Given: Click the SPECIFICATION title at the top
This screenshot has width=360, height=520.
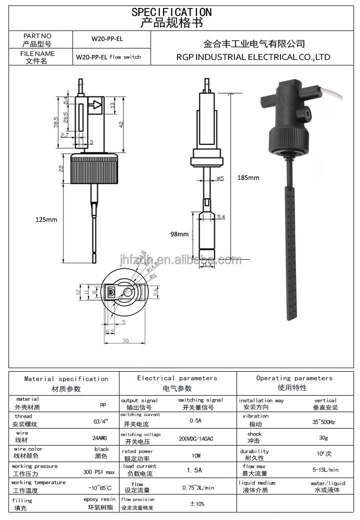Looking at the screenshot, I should pos(171,11).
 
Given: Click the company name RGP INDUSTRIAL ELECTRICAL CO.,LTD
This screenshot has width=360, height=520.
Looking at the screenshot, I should pos(253,57).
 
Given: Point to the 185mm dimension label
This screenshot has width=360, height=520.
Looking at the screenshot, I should pos(248,177).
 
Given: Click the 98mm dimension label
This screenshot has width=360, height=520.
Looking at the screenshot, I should pos(179,234).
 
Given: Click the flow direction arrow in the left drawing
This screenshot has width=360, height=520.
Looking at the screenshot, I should pos(94,105).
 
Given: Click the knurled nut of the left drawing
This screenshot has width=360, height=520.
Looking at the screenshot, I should pos(94,169).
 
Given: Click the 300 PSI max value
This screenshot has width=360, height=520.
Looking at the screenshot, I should pos(98,472).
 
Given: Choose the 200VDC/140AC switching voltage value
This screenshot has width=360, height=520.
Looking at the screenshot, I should pos(195,439).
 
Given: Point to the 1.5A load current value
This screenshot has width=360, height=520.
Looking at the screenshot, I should pos(194,470).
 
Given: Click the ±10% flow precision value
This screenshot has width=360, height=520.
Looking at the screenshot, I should pos(197,504).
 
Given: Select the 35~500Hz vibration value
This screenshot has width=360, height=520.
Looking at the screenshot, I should pos(323,422).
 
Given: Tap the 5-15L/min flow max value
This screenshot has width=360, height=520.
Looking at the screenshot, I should pos(325,470).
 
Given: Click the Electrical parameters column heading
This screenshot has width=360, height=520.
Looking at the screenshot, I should pos(177,378).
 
